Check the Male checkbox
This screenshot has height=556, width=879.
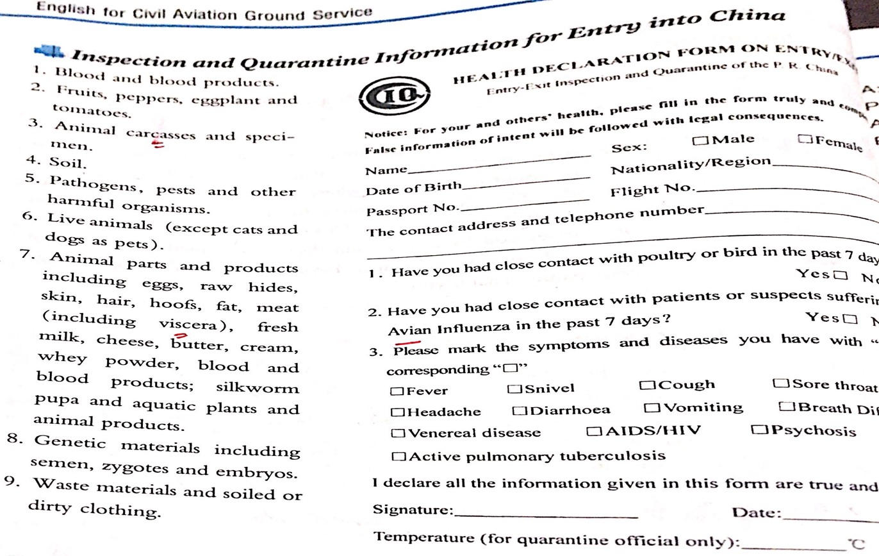click(700, 140)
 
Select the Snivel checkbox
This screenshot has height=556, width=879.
click(513, 389)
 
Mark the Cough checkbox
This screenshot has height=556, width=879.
click(646, 385)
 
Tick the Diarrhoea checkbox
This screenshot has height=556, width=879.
click(520, 410)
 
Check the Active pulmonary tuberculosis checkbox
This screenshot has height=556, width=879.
click(398, 457)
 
